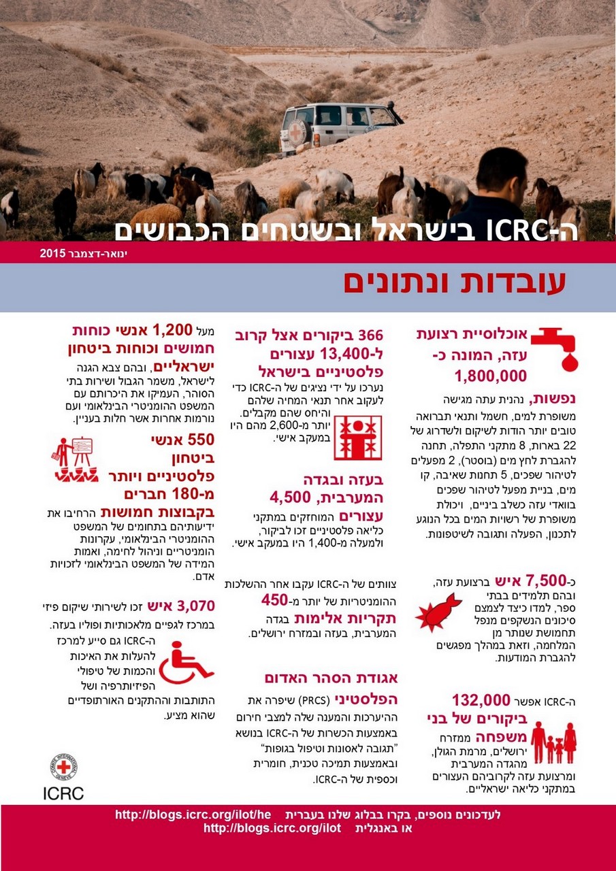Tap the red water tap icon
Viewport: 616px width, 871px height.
555,348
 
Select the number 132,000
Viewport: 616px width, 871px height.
481,700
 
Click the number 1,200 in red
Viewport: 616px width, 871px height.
174,331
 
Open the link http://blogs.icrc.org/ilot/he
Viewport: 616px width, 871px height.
193,815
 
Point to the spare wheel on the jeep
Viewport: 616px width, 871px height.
297,133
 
